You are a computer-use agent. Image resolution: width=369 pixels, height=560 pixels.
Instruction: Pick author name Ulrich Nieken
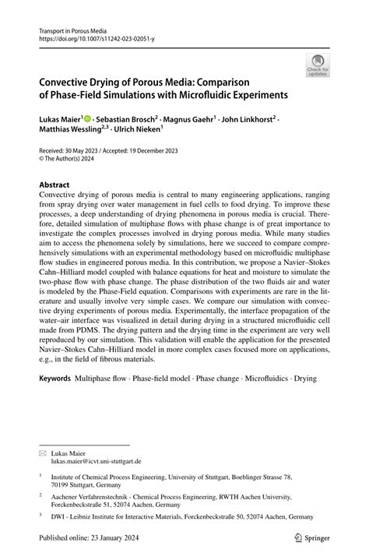point(142,131)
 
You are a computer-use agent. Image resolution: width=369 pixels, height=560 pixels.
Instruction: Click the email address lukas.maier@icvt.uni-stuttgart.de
point(97,461)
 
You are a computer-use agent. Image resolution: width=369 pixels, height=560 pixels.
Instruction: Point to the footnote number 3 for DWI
point(40,514)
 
